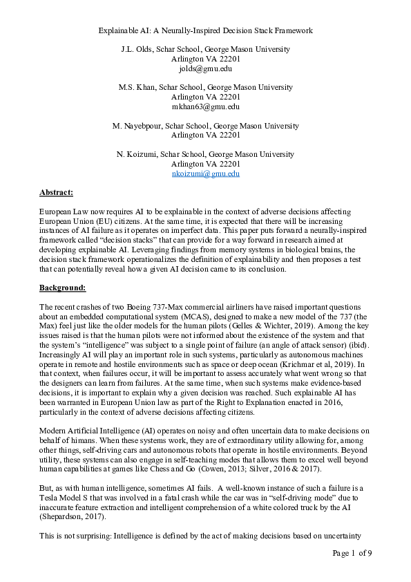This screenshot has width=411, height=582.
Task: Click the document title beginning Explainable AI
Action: click(x=205, y=30)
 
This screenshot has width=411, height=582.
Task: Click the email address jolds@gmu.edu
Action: click(x=205, y=69)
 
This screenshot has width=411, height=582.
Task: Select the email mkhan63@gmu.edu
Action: click(x=205, y=107)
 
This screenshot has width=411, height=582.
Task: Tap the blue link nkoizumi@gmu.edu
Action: click(x=205, y=174)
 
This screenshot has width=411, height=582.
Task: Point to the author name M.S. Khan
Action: click(x=137, y=88)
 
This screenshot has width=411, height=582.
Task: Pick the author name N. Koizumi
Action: click(x=137, y=155)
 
